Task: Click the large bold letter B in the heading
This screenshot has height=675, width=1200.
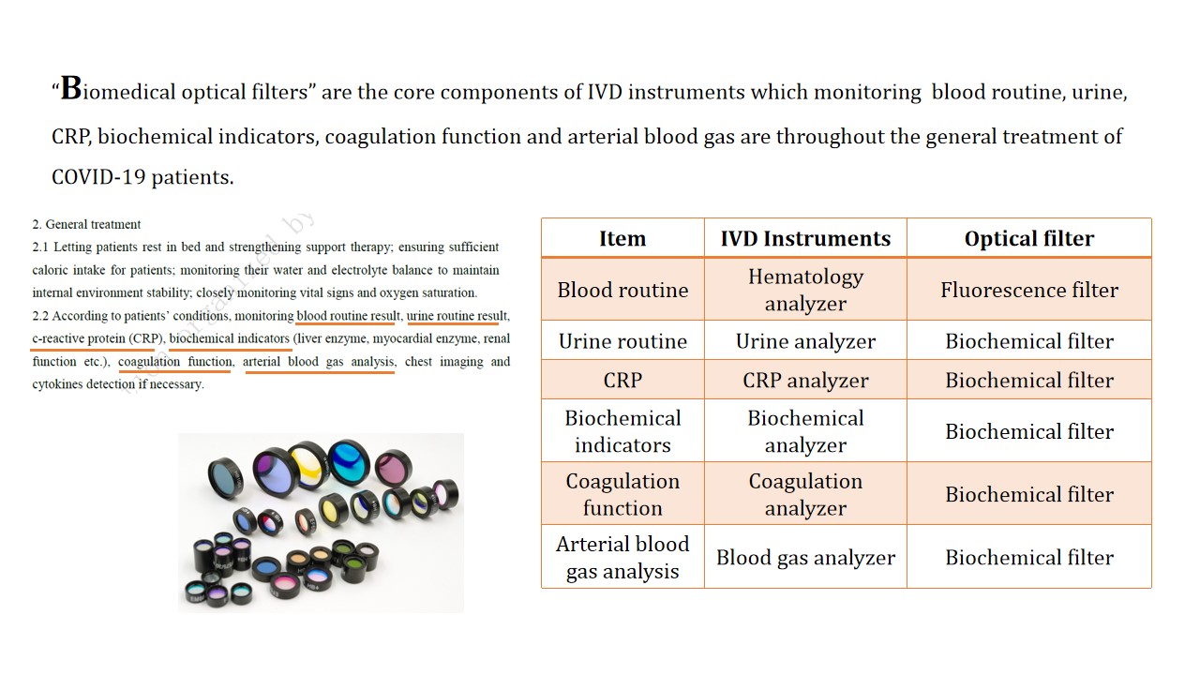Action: pos(71,88)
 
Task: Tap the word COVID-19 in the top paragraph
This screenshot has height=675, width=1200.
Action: pos(98,177)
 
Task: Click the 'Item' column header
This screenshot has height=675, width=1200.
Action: pos(622,238)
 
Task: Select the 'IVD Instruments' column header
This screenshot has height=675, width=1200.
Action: pos(805,238)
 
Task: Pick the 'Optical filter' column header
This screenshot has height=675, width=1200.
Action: pos(1029,238)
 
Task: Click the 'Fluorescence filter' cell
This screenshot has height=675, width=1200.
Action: pos(1029,290)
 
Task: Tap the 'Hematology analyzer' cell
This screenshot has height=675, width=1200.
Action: pos(805,290)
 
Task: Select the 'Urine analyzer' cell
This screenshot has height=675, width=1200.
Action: pos(805,340)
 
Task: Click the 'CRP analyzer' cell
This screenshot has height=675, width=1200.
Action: pos(805,380)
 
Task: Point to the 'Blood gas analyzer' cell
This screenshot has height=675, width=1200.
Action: pos(805,557)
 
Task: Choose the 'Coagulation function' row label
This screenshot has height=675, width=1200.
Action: pos(622,494)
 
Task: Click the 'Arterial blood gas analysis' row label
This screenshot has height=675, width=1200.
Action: pos(622,557)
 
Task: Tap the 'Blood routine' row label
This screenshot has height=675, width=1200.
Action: pos(622,290)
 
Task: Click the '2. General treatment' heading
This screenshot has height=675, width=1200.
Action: pos(86,224)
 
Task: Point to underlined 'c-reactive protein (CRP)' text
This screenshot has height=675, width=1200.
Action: pos(97,338)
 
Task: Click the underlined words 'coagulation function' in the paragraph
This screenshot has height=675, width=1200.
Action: pos(175,362)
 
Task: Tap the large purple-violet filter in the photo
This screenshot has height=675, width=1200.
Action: pos(276,472)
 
